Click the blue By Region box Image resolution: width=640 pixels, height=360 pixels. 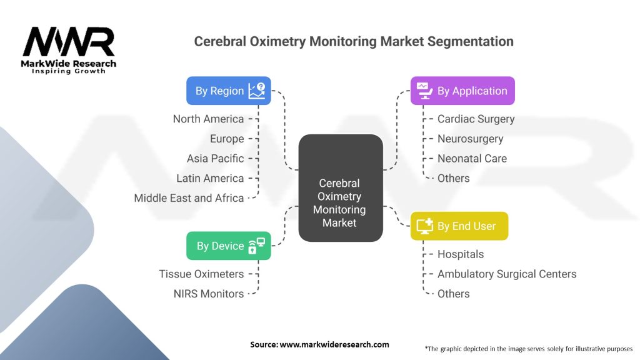pos(229,91)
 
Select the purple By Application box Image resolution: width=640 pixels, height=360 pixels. pos(462,91)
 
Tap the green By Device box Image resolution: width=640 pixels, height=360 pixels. pos(229,246)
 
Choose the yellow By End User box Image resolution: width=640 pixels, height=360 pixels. pos(459,226)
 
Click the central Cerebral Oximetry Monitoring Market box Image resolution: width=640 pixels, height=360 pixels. pos(340,188)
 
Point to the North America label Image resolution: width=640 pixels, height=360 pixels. pos(208,119)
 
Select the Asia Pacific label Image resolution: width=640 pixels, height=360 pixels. pos(215,158)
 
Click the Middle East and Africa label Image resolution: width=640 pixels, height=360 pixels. pos(189,198)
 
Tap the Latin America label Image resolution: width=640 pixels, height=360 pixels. pos(210,178)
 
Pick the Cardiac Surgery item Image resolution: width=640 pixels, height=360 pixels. pos(476,119)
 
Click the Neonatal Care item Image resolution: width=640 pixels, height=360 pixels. pos(472,158)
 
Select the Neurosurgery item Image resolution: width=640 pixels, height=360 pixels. pos(470,139)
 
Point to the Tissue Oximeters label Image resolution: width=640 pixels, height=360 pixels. pos(201,274)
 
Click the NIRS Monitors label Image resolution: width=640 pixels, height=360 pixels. pos(209,294)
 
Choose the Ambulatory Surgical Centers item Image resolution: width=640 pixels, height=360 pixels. pos(507,274)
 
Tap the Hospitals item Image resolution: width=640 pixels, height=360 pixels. pos(460,254)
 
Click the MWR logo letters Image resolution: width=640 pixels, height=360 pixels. pos(69,42)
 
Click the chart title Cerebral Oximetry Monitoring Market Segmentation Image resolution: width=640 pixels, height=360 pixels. pos(354,41)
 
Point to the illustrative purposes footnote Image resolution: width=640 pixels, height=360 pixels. pos(528,348)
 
